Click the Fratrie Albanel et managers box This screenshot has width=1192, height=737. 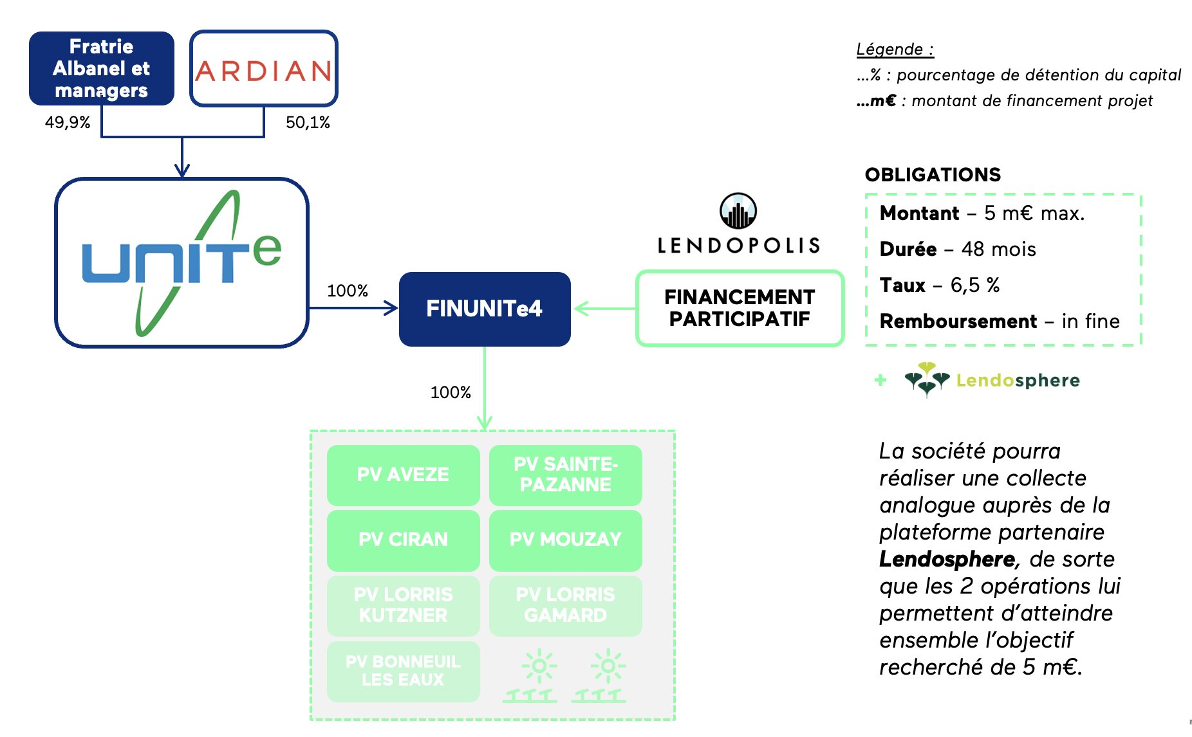click(x=102, y=68)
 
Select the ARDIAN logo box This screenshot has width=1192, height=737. click(x=263, y=68)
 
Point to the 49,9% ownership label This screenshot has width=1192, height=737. click(x=68, y=122)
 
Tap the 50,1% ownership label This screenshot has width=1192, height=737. click(x=308, y=122)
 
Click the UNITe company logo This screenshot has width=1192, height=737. click(x=182, y=262)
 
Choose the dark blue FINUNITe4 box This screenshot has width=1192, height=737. click(x=484, y=309)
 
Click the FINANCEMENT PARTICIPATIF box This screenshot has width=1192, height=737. click(x=740, y=308)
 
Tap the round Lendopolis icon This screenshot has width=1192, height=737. click(x=738, y=211)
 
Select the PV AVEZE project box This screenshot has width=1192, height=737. click(x=403, y=475)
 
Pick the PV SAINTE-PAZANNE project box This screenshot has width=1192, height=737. click(x=565, y=475)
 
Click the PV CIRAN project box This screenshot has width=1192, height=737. click(x=403, y=540)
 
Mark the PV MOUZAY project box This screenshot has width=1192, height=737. click(x=565, y=540)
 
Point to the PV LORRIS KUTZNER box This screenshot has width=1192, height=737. click(x=403, y=605)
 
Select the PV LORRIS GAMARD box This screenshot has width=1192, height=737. click(x=565, y=605)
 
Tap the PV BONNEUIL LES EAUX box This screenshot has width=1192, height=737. click(x=403, y=671)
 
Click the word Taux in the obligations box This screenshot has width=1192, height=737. click(x=902, y=285)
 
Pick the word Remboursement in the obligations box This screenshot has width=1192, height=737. click(x=958, y=321)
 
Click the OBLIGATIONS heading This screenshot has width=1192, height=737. click(x=933, y=175)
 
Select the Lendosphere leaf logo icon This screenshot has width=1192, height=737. click(x=927, y=379)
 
